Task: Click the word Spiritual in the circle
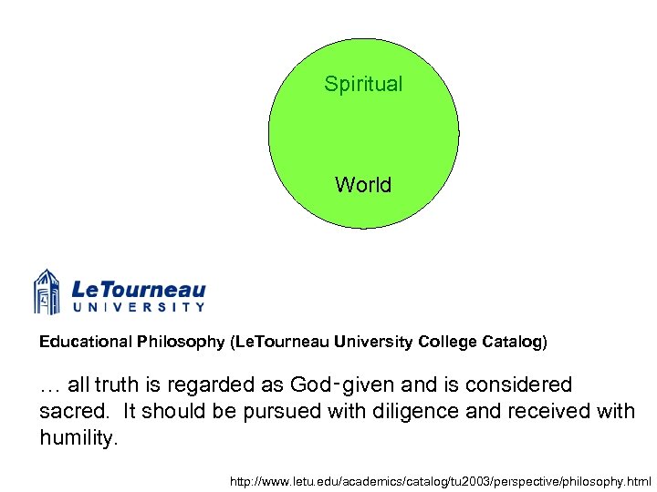click(363, 85)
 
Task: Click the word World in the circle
click(363, 185)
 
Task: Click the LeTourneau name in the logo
click(138, 290)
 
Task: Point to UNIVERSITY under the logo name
click(138, 308)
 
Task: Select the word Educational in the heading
click(86, 343)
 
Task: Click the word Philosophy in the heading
click(181, 343)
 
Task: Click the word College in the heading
click(447, 343)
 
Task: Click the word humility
click(78, 438)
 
